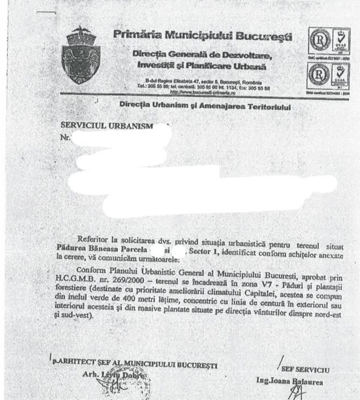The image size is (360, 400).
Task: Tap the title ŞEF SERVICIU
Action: click(306, 369)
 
